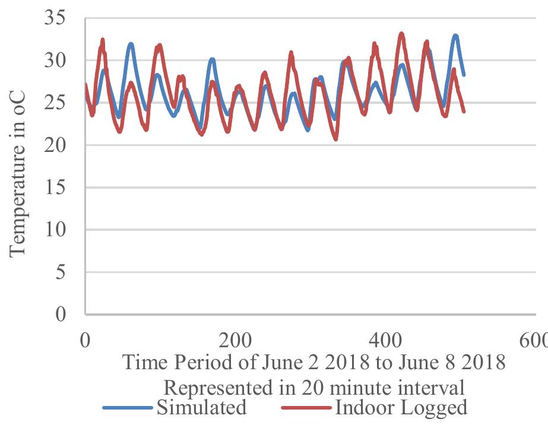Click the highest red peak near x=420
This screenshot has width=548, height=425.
tap(401, 34)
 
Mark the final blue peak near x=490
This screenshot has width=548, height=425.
tap(455, 36)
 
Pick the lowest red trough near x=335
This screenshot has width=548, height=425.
tap(336, 139)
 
